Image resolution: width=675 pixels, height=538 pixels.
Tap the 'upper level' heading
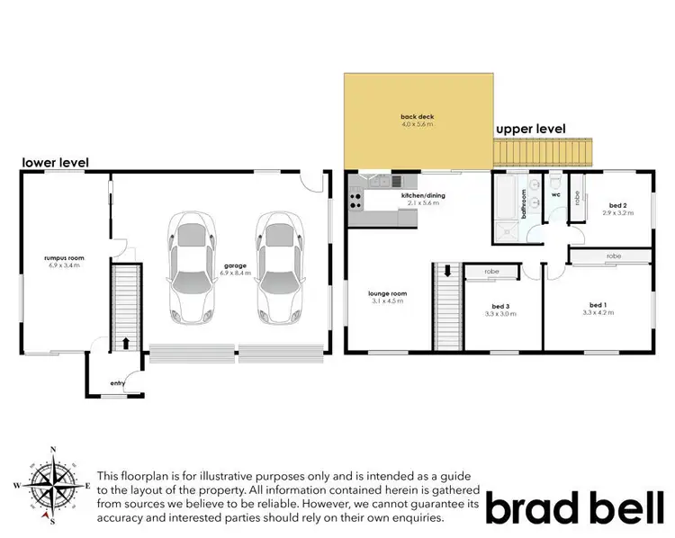532,130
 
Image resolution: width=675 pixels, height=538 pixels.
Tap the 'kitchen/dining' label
423,195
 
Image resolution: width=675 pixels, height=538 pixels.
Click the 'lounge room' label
388,292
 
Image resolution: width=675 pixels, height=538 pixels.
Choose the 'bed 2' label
616,205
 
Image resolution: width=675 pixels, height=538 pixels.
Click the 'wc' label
555,193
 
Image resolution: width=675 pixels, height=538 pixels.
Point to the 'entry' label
118,383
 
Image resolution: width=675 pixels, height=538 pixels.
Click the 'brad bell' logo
575,507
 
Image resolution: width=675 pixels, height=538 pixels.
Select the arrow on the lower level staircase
125,343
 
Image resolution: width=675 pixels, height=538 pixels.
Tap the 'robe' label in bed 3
491,271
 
